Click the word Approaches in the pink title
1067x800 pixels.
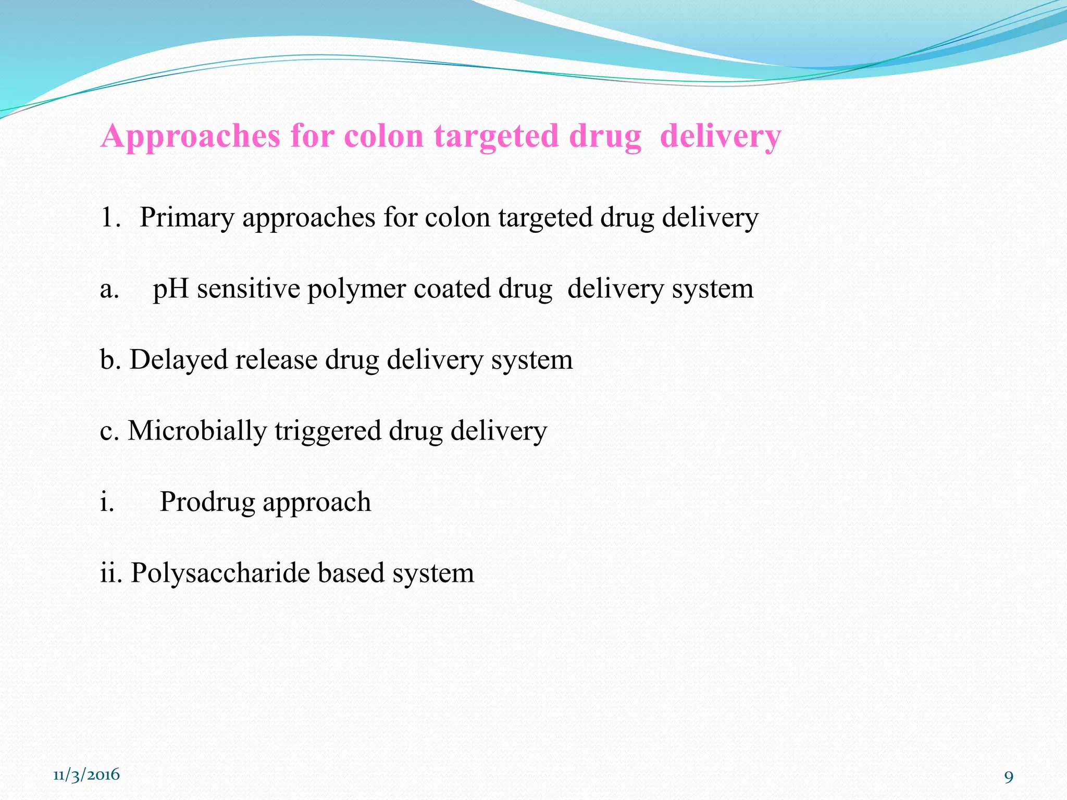click(x=190, y=136)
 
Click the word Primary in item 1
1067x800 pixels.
click(x=187, y=218)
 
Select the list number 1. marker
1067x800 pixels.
click(x=110, y=218)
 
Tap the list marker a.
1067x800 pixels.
click(x=109, y=289)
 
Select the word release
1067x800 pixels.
click(x=276, y=359)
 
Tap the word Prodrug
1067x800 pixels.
click(x=207, y=502)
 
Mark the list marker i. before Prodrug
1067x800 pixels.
click(x=107, y=502)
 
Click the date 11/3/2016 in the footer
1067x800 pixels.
click(x=86, y=774)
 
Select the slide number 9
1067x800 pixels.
click(x=1009, y=777)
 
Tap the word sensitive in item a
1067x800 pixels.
click(x=249, y=289)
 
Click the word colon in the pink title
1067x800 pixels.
click(x=384, y=136)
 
